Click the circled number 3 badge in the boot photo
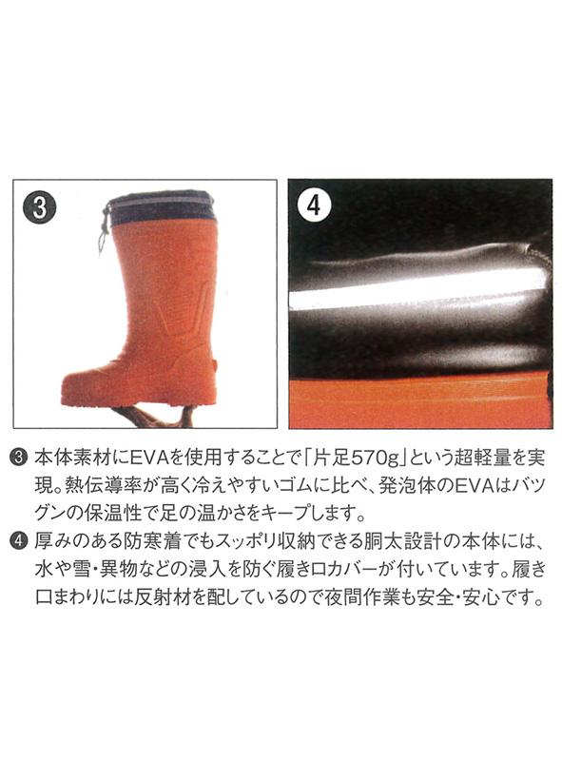39,206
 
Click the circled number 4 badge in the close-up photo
314,205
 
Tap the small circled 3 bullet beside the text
18,458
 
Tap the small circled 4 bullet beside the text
18,540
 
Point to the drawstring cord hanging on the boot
104,230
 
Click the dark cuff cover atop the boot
160,208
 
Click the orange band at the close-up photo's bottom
420,403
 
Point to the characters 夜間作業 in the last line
362,596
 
